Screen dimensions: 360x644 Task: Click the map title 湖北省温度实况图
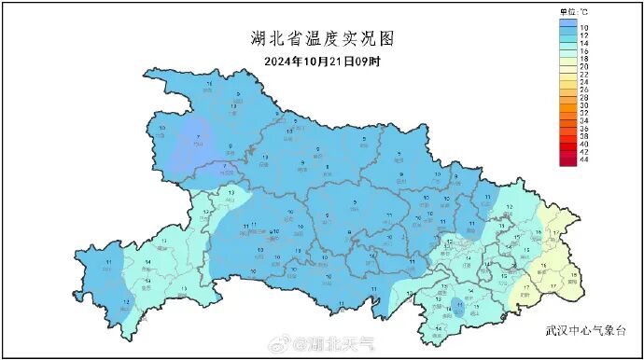(x=323, y=38)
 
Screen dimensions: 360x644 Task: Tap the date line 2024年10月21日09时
(x=323, y=62)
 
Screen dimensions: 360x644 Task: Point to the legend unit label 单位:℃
(x=568, y=12)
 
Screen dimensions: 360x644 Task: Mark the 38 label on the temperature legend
(x=584, y=137)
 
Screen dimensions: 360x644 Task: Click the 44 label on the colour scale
(x=584, y=161)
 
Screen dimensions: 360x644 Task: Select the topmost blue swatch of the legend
(x=567, y=25)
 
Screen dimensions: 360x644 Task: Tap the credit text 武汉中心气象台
(x=581, y=329)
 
